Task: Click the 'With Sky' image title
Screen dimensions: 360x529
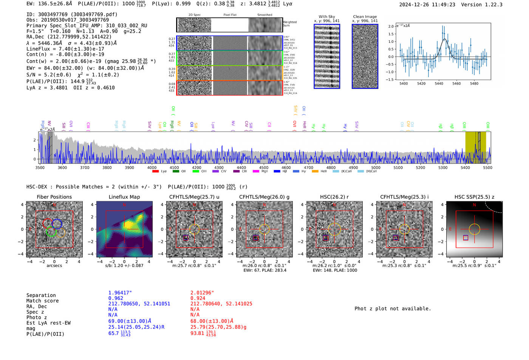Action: tap(326, 17)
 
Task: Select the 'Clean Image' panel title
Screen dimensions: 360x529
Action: tap(365, 17)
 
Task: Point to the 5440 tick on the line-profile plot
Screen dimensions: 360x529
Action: tap(439, 83)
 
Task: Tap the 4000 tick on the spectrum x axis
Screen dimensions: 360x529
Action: tap(152, 168)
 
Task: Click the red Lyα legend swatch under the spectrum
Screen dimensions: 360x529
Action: tap(155, 172)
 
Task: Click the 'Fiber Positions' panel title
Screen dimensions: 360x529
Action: tap(54, 197)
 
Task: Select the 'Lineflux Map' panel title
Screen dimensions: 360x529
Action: tap(124, 197)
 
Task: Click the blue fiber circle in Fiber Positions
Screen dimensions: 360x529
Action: tap(57, 224)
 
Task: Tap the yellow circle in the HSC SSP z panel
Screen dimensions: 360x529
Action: tap(474, 229)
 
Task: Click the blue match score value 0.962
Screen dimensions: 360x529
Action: tap(116, 298)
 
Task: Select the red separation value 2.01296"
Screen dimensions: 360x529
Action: tap(202, 293)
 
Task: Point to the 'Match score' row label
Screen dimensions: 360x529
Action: tap(42, 301)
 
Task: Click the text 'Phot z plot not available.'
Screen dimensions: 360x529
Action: tap(393, 309)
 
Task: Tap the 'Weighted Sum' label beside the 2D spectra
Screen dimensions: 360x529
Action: tap(289, 24)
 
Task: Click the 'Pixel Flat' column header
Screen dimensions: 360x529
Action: tap(230, 15)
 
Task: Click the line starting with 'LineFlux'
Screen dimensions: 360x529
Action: tap(65, 49)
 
